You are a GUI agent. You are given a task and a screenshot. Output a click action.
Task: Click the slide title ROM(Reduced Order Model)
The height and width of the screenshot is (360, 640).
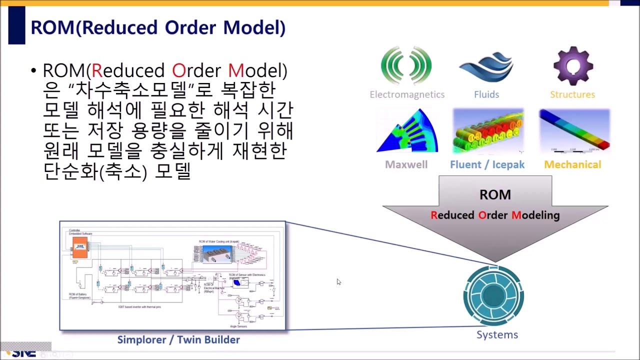(x=158, y=27)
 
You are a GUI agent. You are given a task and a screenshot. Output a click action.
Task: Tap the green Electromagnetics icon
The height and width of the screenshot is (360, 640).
(x=406, y=65)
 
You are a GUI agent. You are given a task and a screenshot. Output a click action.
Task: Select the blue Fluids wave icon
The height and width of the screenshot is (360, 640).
(x=486, y=67)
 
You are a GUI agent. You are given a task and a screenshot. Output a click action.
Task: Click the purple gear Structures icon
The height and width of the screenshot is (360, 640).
(x=573, y=66)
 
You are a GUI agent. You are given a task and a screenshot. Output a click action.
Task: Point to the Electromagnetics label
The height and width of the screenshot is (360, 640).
(x=407, y=94)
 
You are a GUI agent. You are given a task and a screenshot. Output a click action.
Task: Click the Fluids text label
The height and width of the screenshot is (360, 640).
(x=486, y=94)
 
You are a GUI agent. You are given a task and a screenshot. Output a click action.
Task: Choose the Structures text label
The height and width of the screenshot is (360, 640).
(x=572, y=94)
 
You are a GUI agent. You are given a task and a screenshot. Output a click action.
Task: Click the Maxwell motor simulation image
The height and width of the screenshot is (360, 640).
(x=407, y=130)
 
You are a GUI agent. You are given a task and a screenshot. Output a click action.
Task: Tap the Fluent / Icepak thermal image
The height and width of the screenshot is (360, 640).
(x=488, y=131)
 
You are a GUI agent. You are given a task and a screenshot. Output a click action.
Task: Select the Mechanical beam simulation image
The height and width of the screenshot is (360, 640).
(x=574, y=130)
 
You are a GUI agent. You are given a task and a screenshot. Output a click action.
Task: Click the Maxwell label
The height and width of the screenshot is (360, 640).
(x=406, y=164)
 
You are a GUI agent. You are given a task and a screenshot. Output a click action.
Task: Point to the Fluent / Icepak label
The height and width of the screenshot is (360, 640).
(x=487, y=164)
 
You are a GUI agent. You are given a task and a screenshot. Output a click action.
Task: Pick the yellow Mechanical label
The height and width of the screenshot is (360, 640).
(x=572, y=164)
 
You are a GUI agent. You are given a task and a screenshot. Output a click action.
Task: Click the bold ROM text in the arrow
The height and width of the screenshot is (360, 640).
(x=495, y=194)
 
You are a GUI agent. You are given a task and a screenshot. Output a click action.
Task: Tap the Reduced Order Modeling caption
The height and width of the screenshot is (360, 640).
(x=495, y=215)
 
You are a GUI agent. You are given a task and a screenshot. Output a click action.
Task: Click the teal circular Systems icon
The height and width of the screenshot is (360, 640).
(x=493, y=296)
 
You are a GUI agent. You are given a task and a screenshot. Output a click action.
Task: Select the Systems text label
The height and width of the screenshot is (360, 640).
(x=497, y=334)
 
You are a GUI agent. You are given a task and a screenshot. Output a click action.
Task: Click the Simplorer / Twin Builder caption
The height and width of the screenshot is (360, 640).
(x=178, y=339)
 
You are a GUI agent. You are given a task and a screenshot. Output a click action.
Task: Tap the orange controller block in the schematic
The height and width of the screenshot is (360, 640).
(x=80, y=247)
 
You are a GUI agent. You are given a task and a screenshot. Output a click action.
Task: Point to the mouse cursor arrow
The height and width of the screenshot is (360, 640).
(x=338, y=281)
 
